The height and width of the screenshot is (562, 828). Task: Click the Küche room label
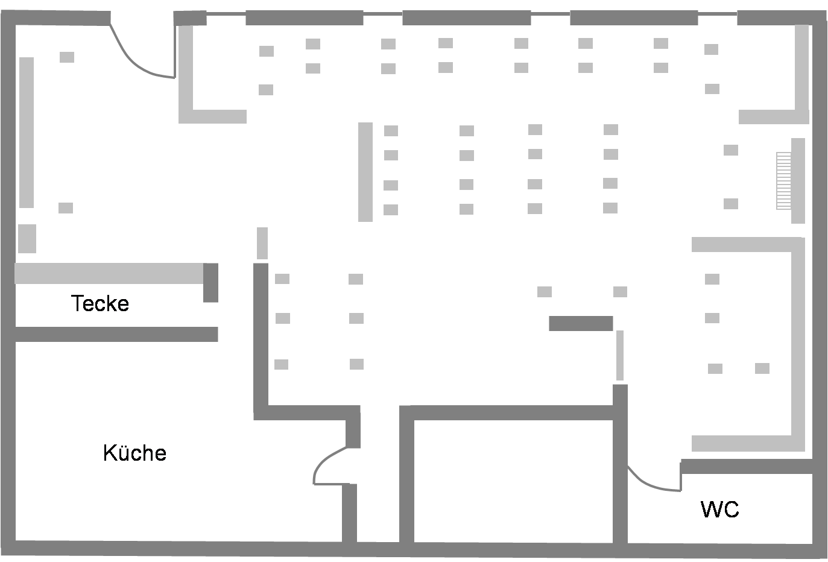pyautogui.click(x=134, y=453)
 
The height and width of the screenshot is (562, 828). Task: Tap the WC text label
pyautogui.click(x=719, y=509)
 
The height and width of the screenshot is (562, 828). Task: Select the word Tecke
pyautogui.click(x=100, y=303)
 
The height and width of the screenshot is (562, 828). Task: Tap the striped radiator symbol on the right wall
pyautogui.click(x=783, y=181)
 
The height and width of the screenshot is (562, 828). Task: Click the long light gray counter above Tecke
pyautogui.click(x=109, y=273)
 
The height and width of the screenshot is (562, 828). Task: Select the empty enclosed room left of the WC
pyautogui.click(x=513, y=481)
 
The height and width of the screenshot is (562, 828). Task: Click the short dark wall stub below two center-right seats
pyautogui.click(x=581, y=323)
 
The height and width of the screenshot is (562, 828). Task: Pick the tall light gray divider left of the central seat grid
pyautogui.click(x=365, y=172)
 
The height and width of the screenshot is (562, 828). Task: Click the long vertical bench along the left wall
pyautogui.click(x=27, y=132)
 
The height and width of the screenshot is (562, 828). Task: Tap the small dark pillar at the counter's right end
pyautogui.click(x=210, y=283)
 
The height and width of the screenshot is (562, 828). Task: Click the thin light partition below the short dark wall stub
pyautogui.click(x=620, y=355)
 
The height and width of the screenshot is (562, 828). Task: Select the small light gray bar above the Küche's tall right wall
pyautogui.click(x=262, y=243)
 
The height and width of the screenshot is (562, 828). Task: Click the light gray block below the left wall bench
pyautogui.click(x=27, y=239)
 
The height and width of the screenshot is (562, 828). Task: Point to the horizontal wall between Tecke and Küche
pyautogui.click(x=116, y=335)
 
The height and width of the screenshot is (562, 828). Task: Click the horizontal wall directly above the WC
pyautogui.click(x=747, y=466)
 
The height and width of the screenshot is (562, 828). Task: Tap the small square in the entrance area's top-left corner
pyautogui.click(x=67, y=57)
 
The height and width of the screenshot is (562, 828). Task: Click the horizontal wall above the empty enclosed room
pyautogui.click(x=507, y=412)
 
